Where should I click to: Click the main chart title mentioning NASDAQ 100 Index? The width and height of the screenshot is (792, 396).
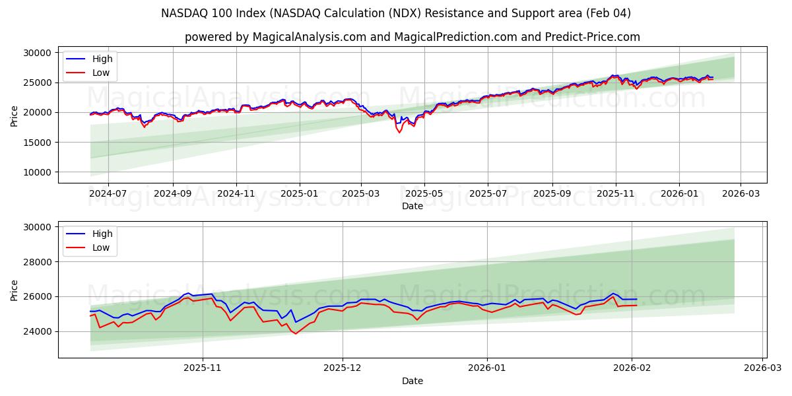(x=395, y=13)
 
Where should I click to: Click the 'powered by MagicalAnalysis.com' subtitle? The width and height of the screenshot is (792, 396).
(x=412, y=37)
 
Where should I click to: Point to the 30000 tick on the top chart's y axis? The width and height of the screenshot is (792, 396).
(x=38, y=53)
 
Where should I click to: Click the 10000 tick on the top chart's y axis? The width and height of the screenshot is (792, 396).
(x=38, y=172)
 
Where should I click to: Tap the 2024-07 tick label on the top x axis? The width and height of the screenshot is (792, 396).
(x=108, y=193)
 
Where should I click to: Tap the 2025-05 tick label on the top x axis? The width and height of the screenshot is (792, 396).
(x=424, y=193)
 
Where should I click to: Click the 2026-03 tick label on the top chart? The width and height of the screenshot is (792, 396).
(x=741, y=193)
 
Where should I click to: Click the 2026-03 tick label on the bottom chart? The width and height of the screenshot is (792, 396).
(x=763, y=368)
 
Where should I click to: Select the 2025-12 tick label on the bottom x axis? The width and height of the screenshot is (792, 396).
(x=343, y=368)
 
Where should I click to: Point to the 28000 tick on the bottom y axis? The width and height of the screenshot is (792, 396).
(x=38, y=262)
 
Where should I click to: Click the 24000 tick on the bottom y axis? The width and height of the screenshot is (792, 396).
(x=38, y=331)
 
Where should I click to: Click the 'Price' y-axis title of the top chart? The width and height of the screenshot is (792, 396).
(x=15, y=115)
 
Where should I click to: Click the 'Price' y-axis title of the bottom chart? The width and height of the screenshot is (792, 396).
(x=15, y=290)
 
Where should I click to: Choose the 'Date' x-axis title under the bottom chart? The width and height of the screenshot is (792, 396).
(x=412, y=381)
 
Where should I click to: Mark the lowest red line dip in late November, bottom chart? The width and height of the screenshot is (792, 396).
(x=295, y=334)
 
